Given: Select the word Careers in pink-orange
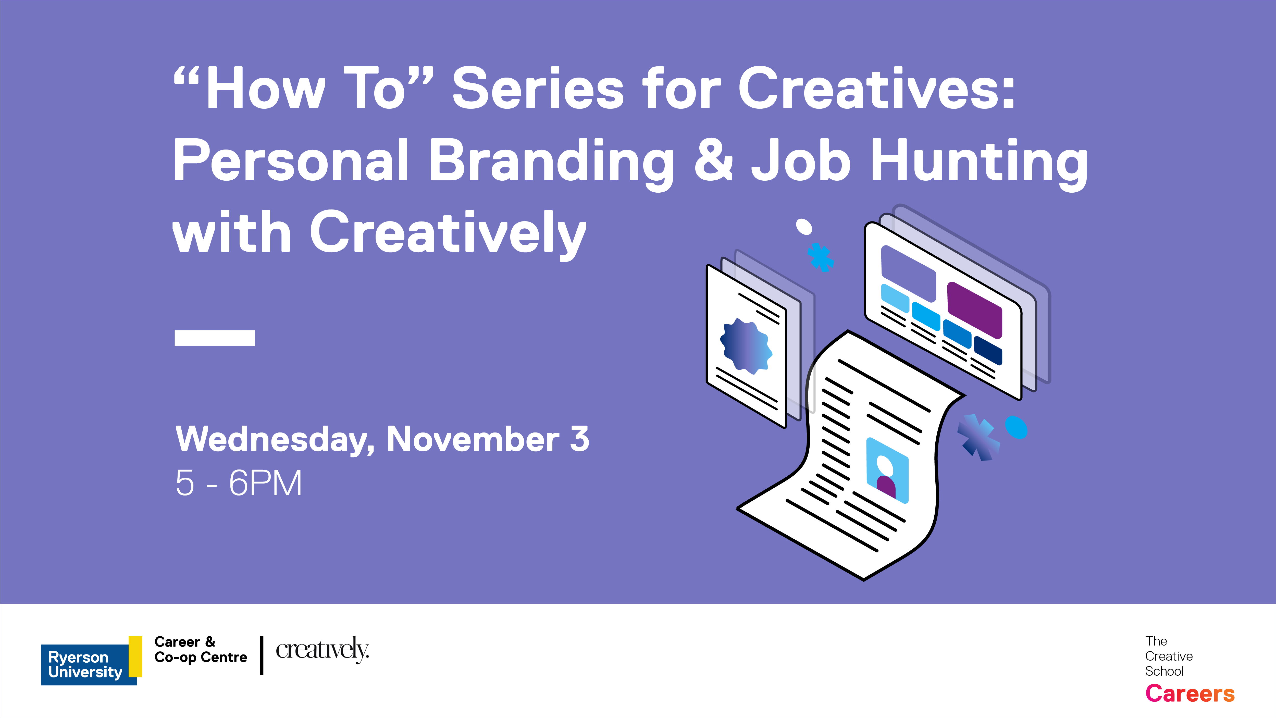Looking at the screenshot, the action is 1190,693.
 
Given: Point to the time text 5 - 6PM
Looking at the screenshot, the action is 239,483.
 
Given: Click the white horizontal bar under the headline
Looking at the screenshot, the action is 215,338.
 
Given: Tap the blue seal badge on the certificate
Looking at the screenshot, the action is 746,346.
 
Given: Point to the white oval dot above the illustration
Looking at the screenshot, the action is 804,227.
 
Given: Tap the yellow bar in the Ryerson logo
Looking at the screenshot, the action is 135,657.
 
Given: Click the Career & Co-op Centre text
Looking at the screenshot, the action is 201,650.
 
